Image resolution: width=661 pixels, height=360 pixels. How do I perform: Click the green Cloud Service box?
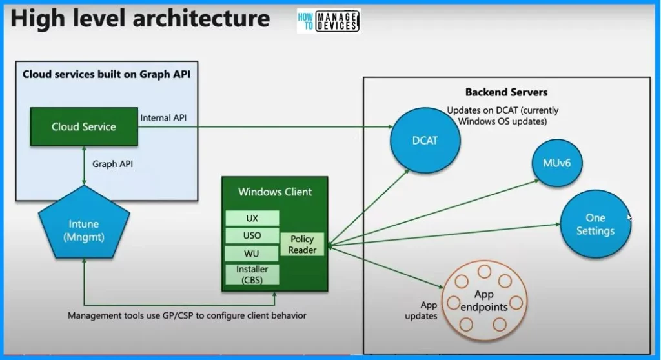[83, 126]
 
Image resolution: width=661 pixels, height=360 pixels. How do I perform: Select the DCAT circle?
[425, 140]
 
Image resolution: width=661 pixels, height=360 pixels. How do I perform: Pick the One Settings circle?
[595, 225]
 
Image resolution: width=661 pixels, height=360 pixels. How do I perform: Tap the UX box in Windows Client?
[252, 218]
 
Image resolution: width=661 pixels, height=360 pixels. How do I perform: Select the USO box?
[252, 235]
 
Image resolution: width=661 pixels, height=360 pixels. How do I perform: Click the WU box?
[252, 254]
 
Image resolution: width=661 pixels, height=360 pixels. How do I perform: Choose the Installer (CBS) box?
[252, 274]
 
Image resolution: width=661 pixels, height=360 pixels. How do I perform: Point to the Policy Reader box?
[303, 245]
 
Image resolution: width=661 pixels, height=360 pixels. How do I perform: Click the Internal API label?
[165, 117]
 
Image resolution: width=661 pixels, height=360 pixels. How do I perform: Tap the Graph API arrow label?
[113, 164]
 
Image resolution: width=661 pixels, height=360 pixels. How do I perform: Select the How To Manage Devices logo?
[328, 21]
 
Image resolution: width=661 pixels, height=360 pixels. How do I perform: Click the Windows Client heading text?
[275, 192]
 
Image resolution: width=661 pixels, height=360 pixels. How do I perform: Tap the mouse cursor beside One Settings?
[629, 217]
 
